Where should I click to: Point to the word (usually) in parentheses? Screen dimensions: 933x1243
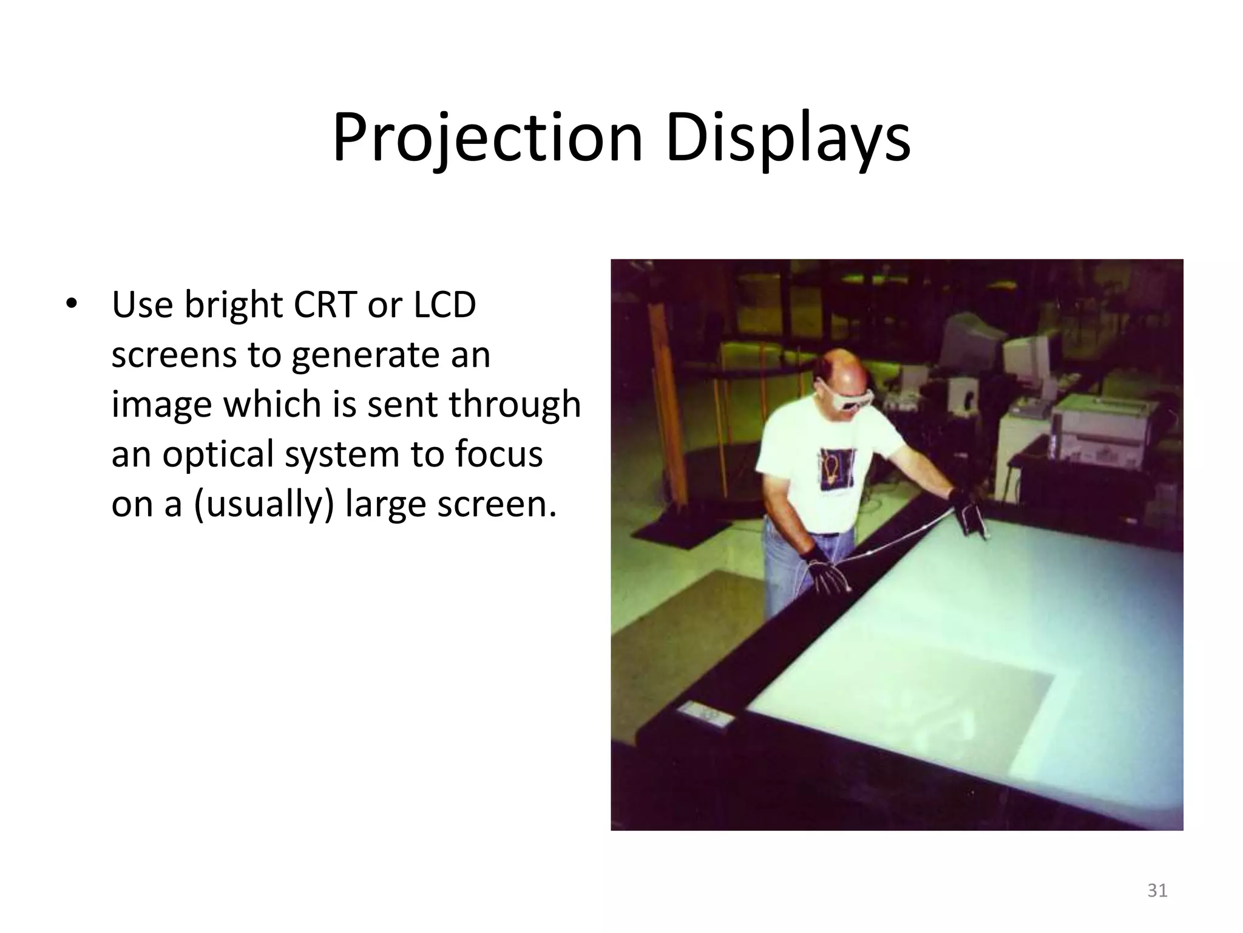coord(264,504)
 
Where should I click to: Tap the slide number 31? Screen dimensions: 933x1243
coord(1157,890)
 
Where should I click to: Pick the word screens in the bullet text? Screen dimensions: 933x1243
coord(174,355)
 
